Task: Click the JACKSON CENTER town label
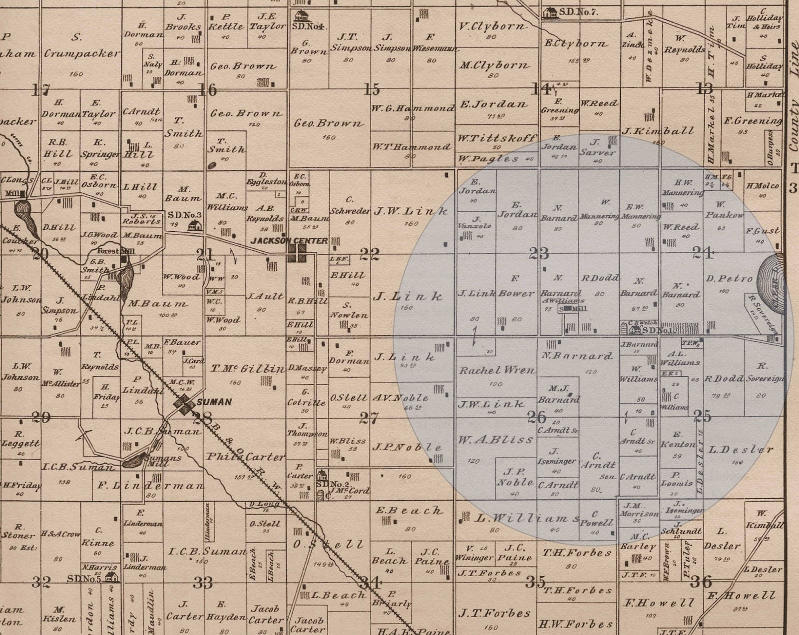(x=289, y=240)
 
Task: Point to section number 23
(x=539, y=253)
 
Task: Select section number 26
(x=536, y=416)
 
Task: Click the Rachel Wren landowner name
(x=496, y=371)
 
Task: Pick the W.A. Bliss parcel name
(x=488, y=440)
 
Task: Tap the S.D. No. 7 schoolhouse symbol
(x=551, y=12)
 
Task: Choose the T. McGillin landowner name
(x=247, y=369)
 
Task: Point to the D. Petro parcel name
(x=729, y=279)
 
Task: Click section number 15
(x=372, y=90)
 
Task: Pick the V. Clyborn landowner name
(x=492, y=26)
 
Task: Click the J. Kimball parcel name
(x=658, y=131)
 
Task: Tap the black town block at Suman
(x=186, y=403)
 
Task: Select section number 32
(x=41, y=582)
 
